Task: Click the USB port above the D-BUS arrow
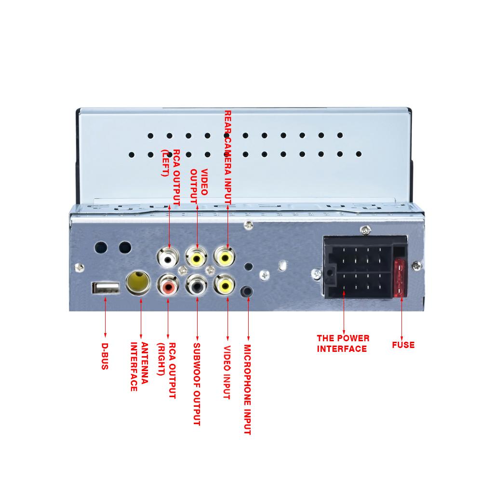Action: (x=106, y=288)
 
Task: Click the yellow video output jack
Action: (x=197, y=258)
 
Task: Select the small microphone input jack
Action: (x=248, y=292)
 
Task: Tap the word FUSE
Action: (x=403, y=345)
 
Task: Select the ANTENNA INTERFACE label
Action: (x=139, y=366)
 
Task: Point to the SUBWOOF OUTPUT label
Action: (x=196, y=384)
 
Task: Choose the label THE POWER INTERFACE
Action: (x=343, y=343)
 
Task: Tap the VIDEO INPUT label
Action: (x=227, y=372)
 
